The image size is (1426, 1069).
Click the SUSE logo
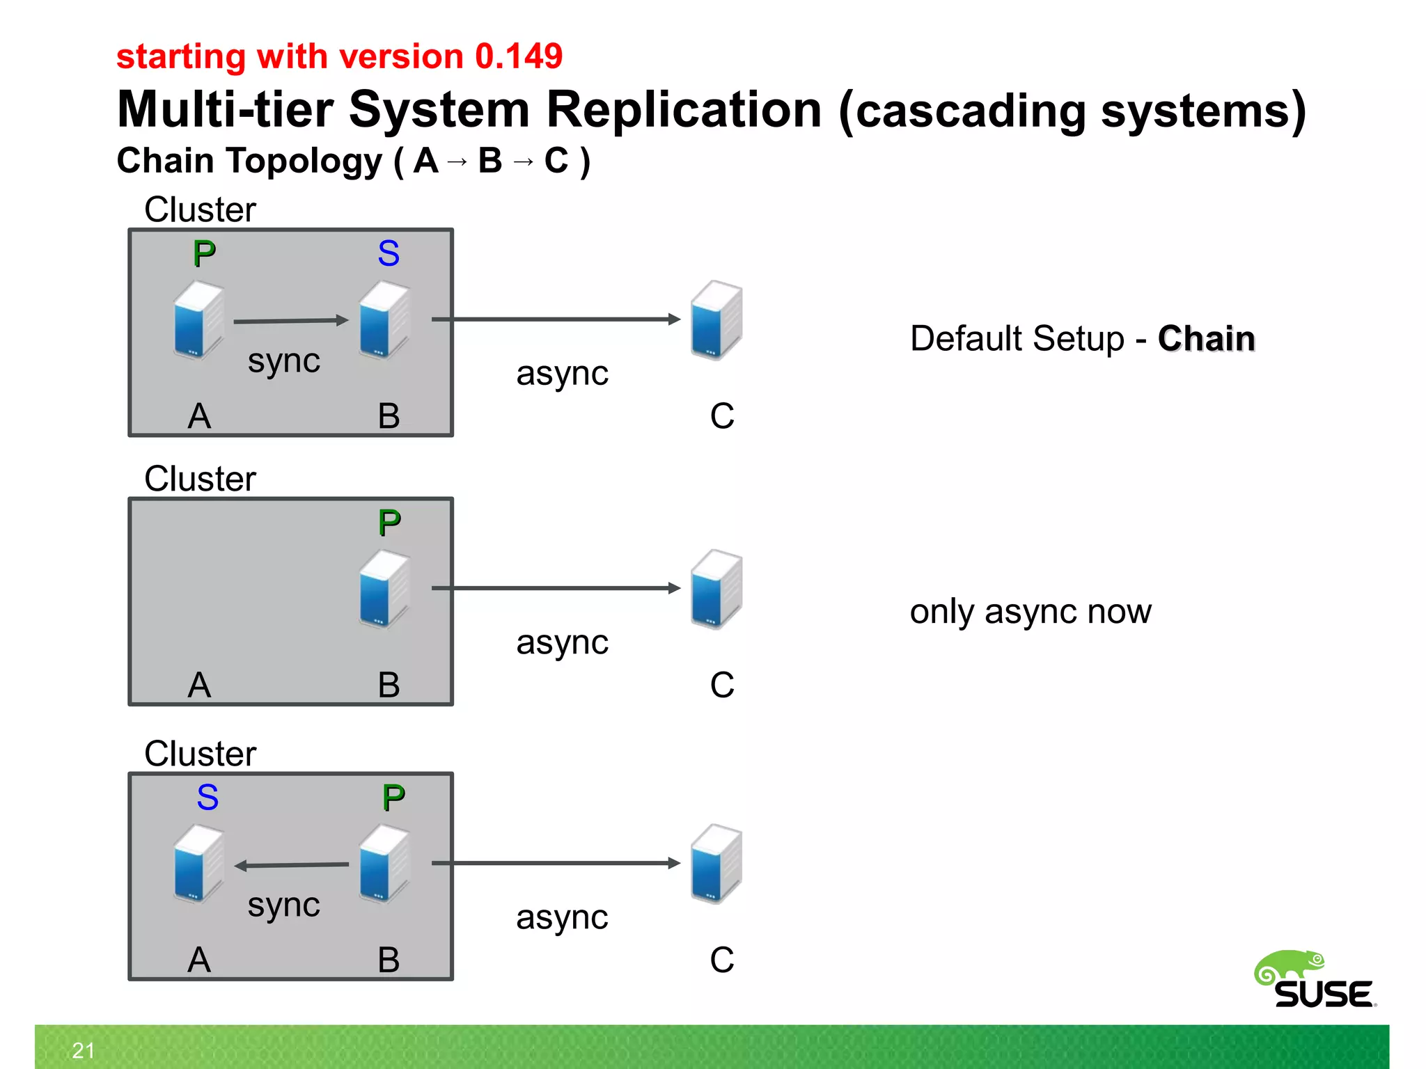(1315, 980)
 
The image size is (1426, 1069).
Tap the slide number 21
(83, 1050)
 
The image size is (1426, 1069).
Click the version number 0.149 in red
(518, 56)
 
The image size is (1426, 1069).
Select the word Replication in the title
(683, 109)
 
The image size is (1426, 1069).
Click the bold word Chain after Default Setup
(1206, 339)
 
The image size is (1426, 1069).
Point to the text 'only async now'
(1030, 612)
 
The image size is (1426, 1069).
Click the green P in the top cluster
(204, 253)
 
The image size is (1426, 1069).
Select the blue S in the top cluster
(389, 253)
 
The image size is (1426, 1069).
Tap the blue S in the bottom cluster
(207, 797)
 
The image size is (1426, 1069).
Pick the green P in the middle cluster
(389, 523)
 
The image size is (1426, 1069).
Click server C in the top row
(716, 320)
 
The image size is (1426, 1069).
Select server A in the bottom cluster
(198, 863)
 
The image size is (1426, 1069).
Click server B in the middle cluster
(384, 589)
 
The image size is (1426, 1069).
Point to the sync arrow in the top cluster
(290, 321)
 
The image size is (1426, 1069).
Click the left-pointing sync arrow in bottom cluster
(291, 865)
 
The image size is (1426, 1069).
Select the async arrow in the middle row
(555, 588)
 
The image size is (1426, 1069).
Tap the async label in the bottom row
(562, 917)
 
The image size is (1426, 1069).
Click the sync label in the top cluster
(283, 361)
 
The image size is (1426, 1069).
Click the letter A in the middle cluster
(199, 685)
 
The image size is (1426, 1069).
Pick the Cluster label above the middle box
(200, 479)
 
